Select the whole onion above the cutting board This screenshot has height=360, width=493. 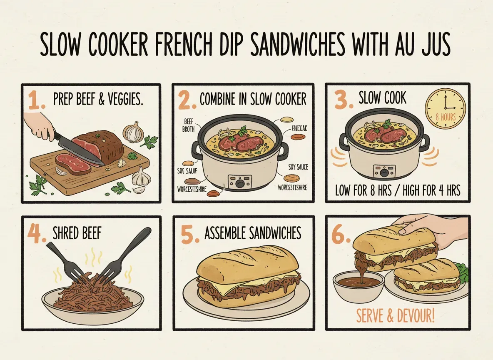[x=134, y=132]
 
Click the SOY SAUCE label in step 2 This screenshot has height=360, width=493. [x=298, y=167]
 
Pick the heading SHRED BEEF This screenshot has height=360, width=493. [x=77, y=234]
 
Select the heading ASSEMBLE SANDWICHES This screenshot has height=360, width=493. [x=253, y=233]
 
